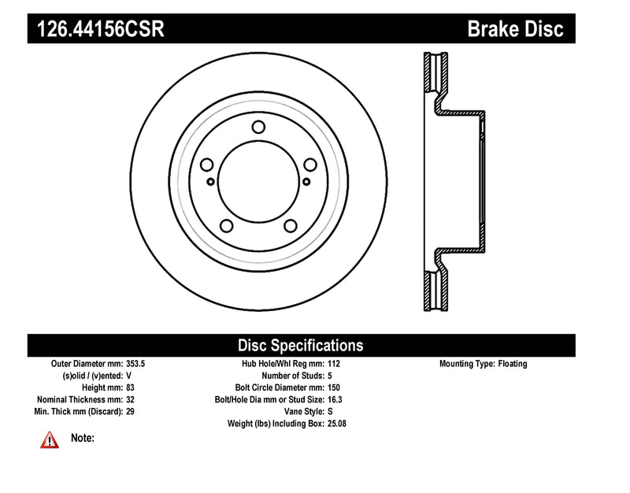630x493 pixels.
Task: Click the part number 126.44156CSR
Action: coord(97,30)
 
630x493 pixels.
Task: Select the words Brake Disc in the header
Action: coord(516,30)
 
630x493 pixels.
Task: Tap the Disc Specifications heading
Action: coord(301,345)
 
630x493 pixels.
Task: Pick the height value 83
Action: coord(131,387)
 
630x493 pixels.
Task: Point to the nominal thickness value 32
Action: coord(131,399)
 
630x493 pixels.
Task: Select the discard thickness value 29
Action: coord(131,411)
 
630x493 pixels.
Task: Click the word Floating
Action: coord(513,364)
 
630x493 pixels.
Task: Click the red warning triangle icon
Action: coord(50,439)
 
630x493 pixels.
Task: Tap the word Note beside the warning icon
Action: coord(83,438)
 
